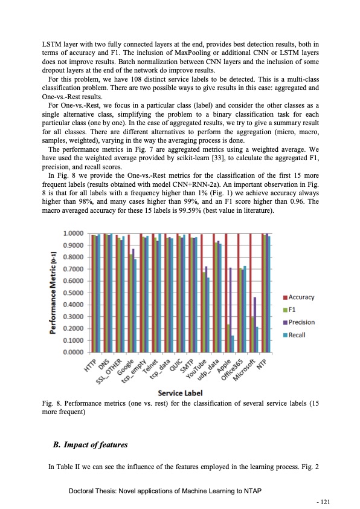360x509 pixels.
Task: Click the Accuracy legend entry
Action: click(x=301, y=297)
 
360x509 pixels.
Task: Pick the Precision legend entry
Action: click(x=301, y=322)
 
